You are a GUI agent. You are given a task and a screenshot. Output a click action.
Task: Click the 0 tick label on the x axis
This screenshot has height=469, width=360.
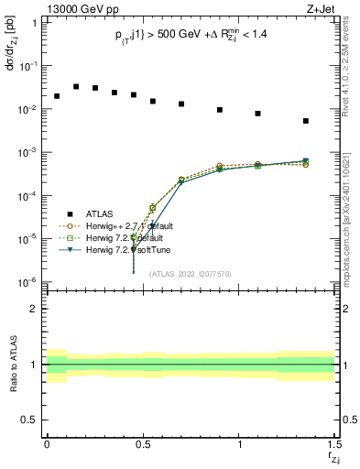pos(47,446)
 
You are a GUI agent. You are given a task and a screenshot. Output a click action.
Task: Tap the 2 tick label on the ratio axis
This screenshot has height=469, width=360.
pos(33,310)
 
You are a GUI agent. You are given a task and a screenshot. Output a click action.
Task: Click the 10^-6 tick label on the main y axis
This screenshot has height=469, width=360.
pos(27,281)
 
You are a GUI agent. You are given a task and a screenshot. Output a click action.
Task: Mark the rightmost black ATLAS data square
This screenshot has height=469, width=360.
pos(306,121)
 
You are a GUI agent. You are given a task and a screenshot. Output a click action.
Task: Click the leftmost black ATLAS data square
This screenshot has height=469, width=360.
pos(57,96)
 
